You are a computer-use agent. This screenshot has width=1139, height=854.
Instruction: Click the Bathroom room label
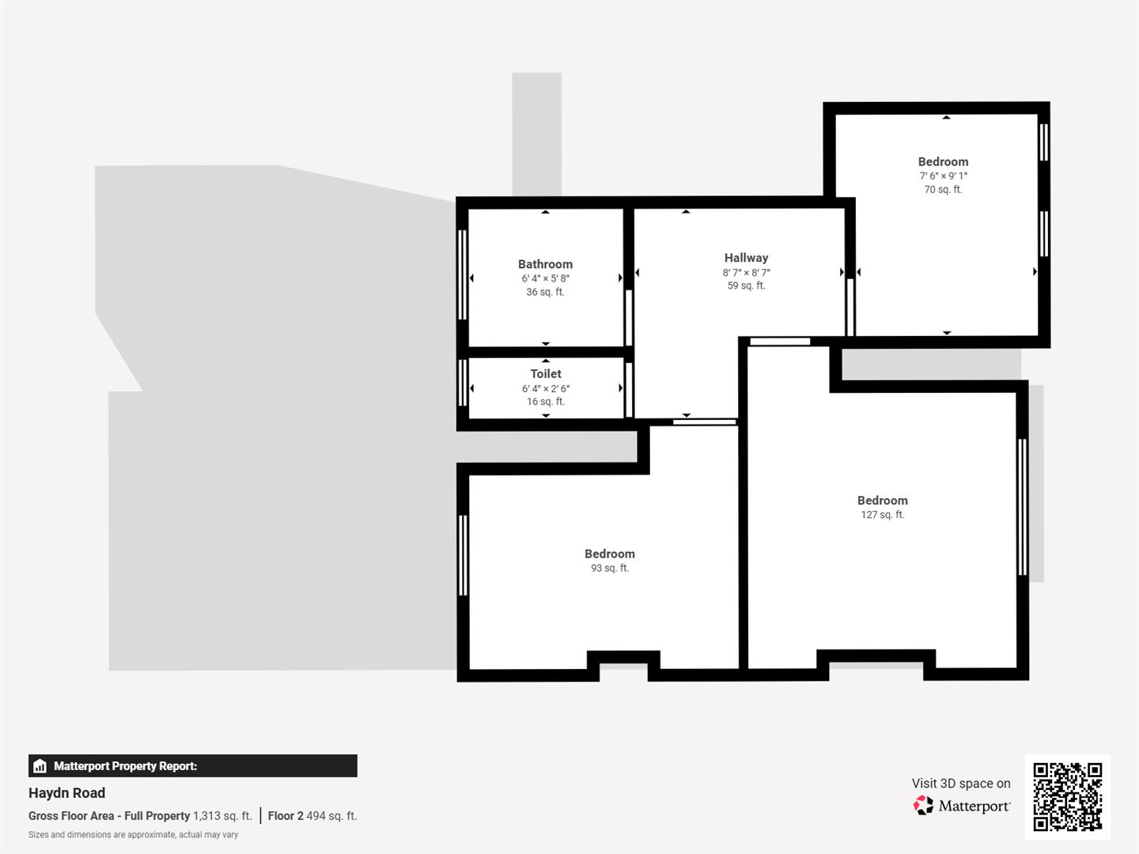pyautogui.click(x=545, y=264)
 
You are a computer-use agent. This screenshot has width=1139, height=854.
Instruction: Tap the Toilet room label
pyautogui.click(x=546, y=373)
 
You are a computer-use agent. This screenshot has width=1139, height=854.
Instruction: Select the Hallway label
pyautogui.click(x=746, y=258)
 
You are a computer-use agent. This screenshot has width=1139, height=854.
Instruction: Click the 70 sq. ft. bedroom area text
pyautogui.click(x=943, y=190)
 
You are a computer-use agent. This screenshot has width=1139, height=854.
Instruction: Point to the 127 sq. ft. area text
pyautogui.click(x=882, y=515)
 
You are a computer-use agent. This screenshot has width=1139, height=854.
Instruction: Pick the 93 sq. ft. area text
pyautogui.click(x=609, y=569)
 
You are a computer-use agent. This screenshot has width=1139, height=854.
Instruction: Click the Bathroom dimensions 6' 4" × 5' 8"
pyautogui.click(x=545, y=278)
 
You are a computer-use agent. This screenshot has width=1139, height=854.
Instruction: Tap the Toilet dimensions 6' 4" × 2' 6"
pyautogui.click(x=545, y=388)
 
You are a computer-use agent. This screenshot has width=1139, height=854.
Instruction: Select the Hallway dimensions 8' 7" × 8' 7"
pyautogui.click(x=746, y=273)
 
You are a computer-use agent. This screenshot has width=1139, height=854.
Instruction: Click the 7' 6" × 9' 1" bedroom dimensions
pyautogui.click(x=943, y=176)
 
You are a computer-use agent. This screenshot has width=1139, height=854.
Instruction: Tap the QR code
pyautogui.click(x=1067, y=796)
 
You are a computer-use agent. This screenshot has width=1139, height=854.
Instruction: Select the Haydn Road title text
pyautogui.click(x=66, y=793)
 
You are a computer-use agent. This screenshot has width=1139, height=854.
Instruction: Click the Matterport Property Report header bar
pyautogui.click(x=192, y=765)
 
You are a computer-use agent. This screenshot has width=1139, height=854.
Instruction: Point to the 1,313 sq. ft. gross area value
pyautogui.click(x=222, y=816)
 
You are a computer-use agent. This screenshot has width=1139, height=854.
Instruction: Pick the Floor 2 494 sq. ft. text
pyautogui.click(x=312, y=816)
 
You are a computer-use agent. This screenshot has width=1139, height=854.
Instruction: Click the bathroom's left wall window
pyautogui.click(x=463, y=274)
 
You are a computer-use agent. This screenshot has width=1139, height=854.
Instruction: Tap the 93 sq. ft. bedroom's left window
pyautogui.click(x=463, y=555)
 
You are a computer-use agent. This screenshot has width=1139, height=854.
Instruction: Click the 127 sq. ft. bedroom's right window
pyautogui.click(x=1022, y=506)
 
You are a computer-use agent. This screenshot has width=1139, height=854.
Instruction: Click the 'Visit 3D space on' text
pyautogui.click(x=960, y=784)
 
